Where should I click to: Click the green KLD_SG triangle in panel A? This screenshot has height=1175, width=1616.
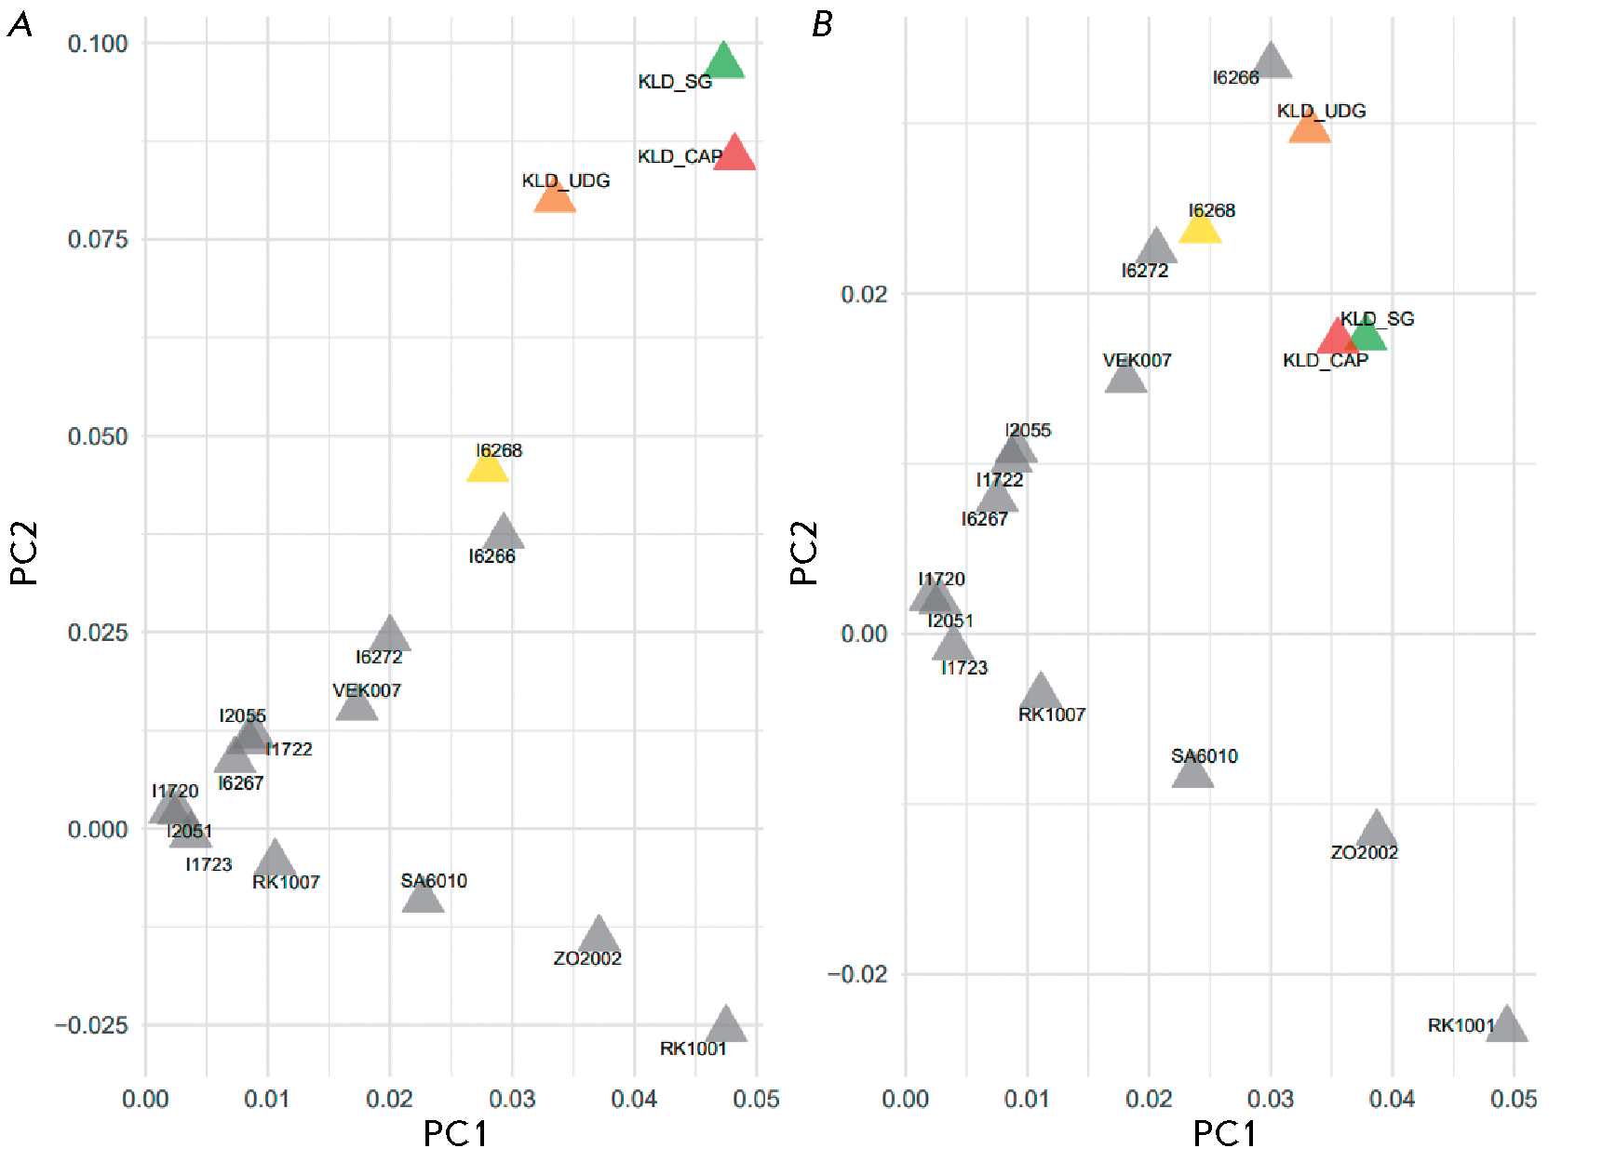pos(724,62)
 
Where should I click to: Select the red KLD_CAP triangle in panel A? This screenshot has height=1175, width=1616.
pos(734,154)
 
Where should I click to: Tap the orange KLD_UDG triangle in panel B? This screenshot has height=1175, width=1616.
pos(1310,127)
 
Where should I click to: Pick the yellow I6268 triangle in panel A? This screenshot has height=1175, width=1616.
pos(488,466)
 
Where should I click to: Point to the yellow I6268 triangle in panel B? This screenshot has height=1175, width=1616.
pos(1200,227)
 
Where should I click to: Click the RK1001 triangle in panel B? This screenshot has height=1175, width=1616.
pos(1507,1025)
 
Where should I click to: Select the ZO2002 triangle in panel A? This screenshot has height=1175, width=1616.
pos(599,935)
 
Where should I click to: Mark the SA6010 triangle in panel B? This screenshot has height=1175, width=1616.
pos(1192,771)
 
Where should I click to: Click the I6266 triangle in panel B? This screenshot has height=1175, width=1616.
pos(1272,62)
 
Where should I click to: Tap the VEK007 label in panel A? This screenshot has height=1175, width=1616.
pos(367,690)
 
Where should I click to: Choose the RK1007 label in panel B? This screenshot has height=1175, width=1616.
pos(1052,714)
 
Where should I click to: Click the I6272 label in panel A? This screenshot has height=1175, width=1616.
pos(379,657)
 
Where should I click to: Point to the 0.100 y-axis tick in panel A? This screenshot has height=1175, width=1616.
pos(98,44)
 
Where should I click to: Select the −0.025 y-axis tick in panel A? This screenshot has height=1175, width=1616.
pos(91,1025)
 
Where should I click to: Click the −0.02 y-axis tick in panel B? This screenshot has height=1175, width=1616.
pos(857,974)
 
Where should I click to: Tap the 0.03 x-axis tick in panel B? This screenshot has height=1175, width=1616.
pos(1271,1100)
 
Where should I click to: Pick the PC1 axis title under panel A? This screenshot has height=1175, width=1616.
pos(455,1134)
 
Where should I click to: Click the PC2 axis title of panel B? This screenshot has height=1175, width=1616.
pos(803,553)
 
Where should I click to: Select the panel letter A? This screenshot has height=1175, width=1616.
pos(20,25)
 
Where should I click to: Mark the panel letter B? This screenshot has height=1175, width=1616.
pos(822,25)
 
